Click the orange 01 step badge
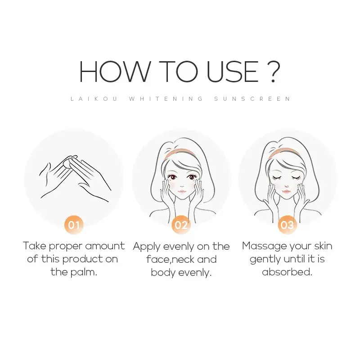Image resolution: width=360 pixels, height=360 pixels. (74, 224)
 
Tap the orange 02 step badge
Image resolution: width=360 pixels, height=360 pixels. (181, 224)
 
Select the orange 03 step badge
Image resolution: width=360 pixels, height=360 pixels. (287, 224)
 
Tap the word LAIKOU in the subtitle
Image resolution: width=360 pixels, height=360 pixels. (94, 99)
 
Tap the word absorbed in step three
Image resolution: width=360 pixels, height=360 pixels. (287, 272)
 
